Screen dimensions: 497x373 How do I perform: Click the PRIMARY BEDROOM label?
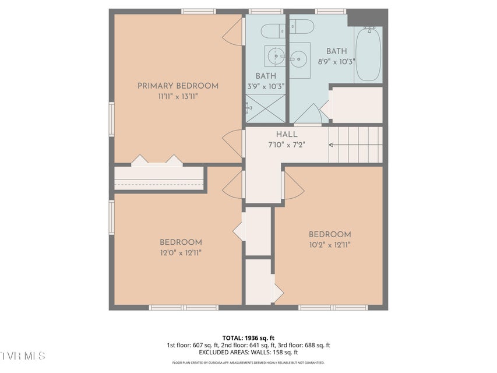click(178, 86)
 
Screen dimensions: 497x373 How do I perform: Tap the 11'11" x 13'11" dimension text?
click(178, 96)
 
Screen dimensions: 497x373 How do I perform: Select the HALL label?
click(287, 134)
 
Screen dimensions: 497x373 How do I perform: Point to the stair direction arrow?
click(355, 145)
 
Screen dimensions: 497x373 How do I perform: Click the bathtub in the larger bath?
click(368, 54)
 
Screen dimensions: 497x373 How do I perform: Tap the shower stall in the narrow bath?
click(266, 108)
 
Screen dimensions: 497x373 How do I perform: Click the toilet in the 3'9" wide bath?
click(273, 31)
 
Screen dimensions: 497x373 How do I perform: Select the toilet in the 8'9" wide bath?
click(302, 27)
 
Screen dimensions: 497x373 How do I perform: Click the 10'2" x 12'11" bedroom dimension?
click(330, 245)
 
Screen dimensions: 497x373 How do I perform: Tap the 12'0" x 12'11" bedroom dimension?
click(181, 253)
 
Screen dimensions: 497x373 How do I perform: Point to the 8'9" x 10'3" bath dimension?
click(336, 62)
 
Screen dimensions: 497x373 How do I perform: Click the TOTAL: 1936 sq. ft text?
click(248, 338)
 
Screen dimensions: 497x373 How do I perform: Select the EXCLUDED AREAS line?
click(248, 352)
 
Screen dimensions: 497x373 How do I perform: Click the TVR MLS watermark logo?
click(23, 356)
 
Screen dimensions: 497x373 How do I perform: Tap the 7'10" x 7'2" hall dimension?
click(287, 145)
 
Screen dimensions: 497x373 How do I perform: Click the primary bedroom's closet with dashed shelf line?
click(159, 178)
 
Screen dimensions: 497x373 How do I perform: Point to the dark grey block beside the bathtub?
click(368, 17)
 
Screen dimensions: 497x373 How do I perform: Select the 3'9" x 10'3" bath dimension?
click(266, 86)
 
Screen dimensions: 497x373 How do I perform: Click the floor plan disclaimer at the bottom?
click(248, 363)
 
